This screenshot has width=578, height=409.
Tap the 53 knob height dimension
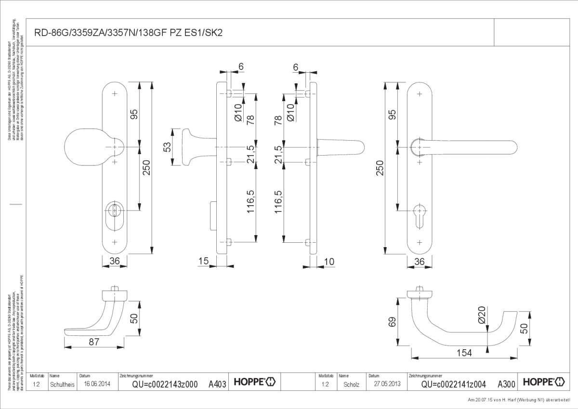[168, 147]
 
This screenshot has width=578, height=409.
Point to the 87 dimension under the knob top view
[94, 342]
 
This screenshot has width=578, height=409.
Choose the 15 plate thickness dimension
[203, 262]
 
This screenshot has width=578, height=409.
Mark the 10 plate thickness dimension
[329, 262]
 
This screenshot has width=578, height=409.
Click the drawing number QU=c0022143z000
[165, 384]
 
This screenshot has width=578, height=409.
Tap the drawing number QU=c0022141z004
[454, 384]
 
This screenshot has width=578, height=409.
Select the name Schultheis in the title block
[62, 384]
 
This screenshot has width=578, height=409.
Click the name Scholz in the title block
[351, 384]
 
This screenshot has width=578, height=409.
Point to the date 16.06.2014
[97, 384]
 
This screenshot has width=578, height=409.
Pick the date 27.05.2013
[387, 384]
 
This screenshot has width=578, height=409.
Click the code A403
[217, 384]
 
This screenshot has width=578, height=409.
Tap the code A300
[506, 384]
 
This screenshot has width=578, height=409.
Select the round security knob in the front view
[87, 147]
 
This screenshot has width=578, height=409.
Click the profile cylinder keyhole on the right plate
[420, 211]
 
